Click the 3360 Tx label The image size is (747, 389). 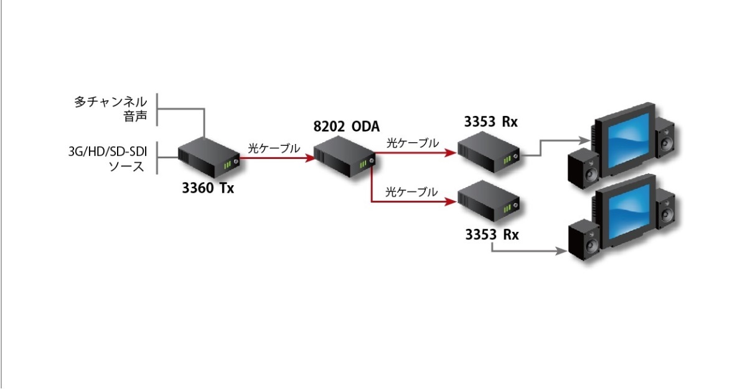tap(208, 188)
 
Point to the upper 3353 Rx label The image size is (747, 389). tap(491, 122)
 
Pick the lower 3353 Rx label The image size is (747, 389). tap(491, 235)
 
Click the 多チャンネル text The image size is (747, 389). tap(111, 102)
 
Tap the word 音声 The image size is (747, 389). tap(135, 117)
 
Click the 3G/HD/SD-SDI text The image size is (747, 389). tap(106, 151)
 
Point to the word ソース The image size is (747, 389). tap(126, 166)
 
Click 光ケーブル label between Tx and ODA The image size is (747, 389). tap(274, 148)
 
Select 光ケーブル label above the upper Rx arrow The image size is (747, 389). tap(411, 143)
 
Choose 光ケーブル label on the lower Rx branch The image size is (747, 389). tap(411, 192)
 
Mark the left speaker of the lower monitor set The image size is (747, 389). tap(584, 241)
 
